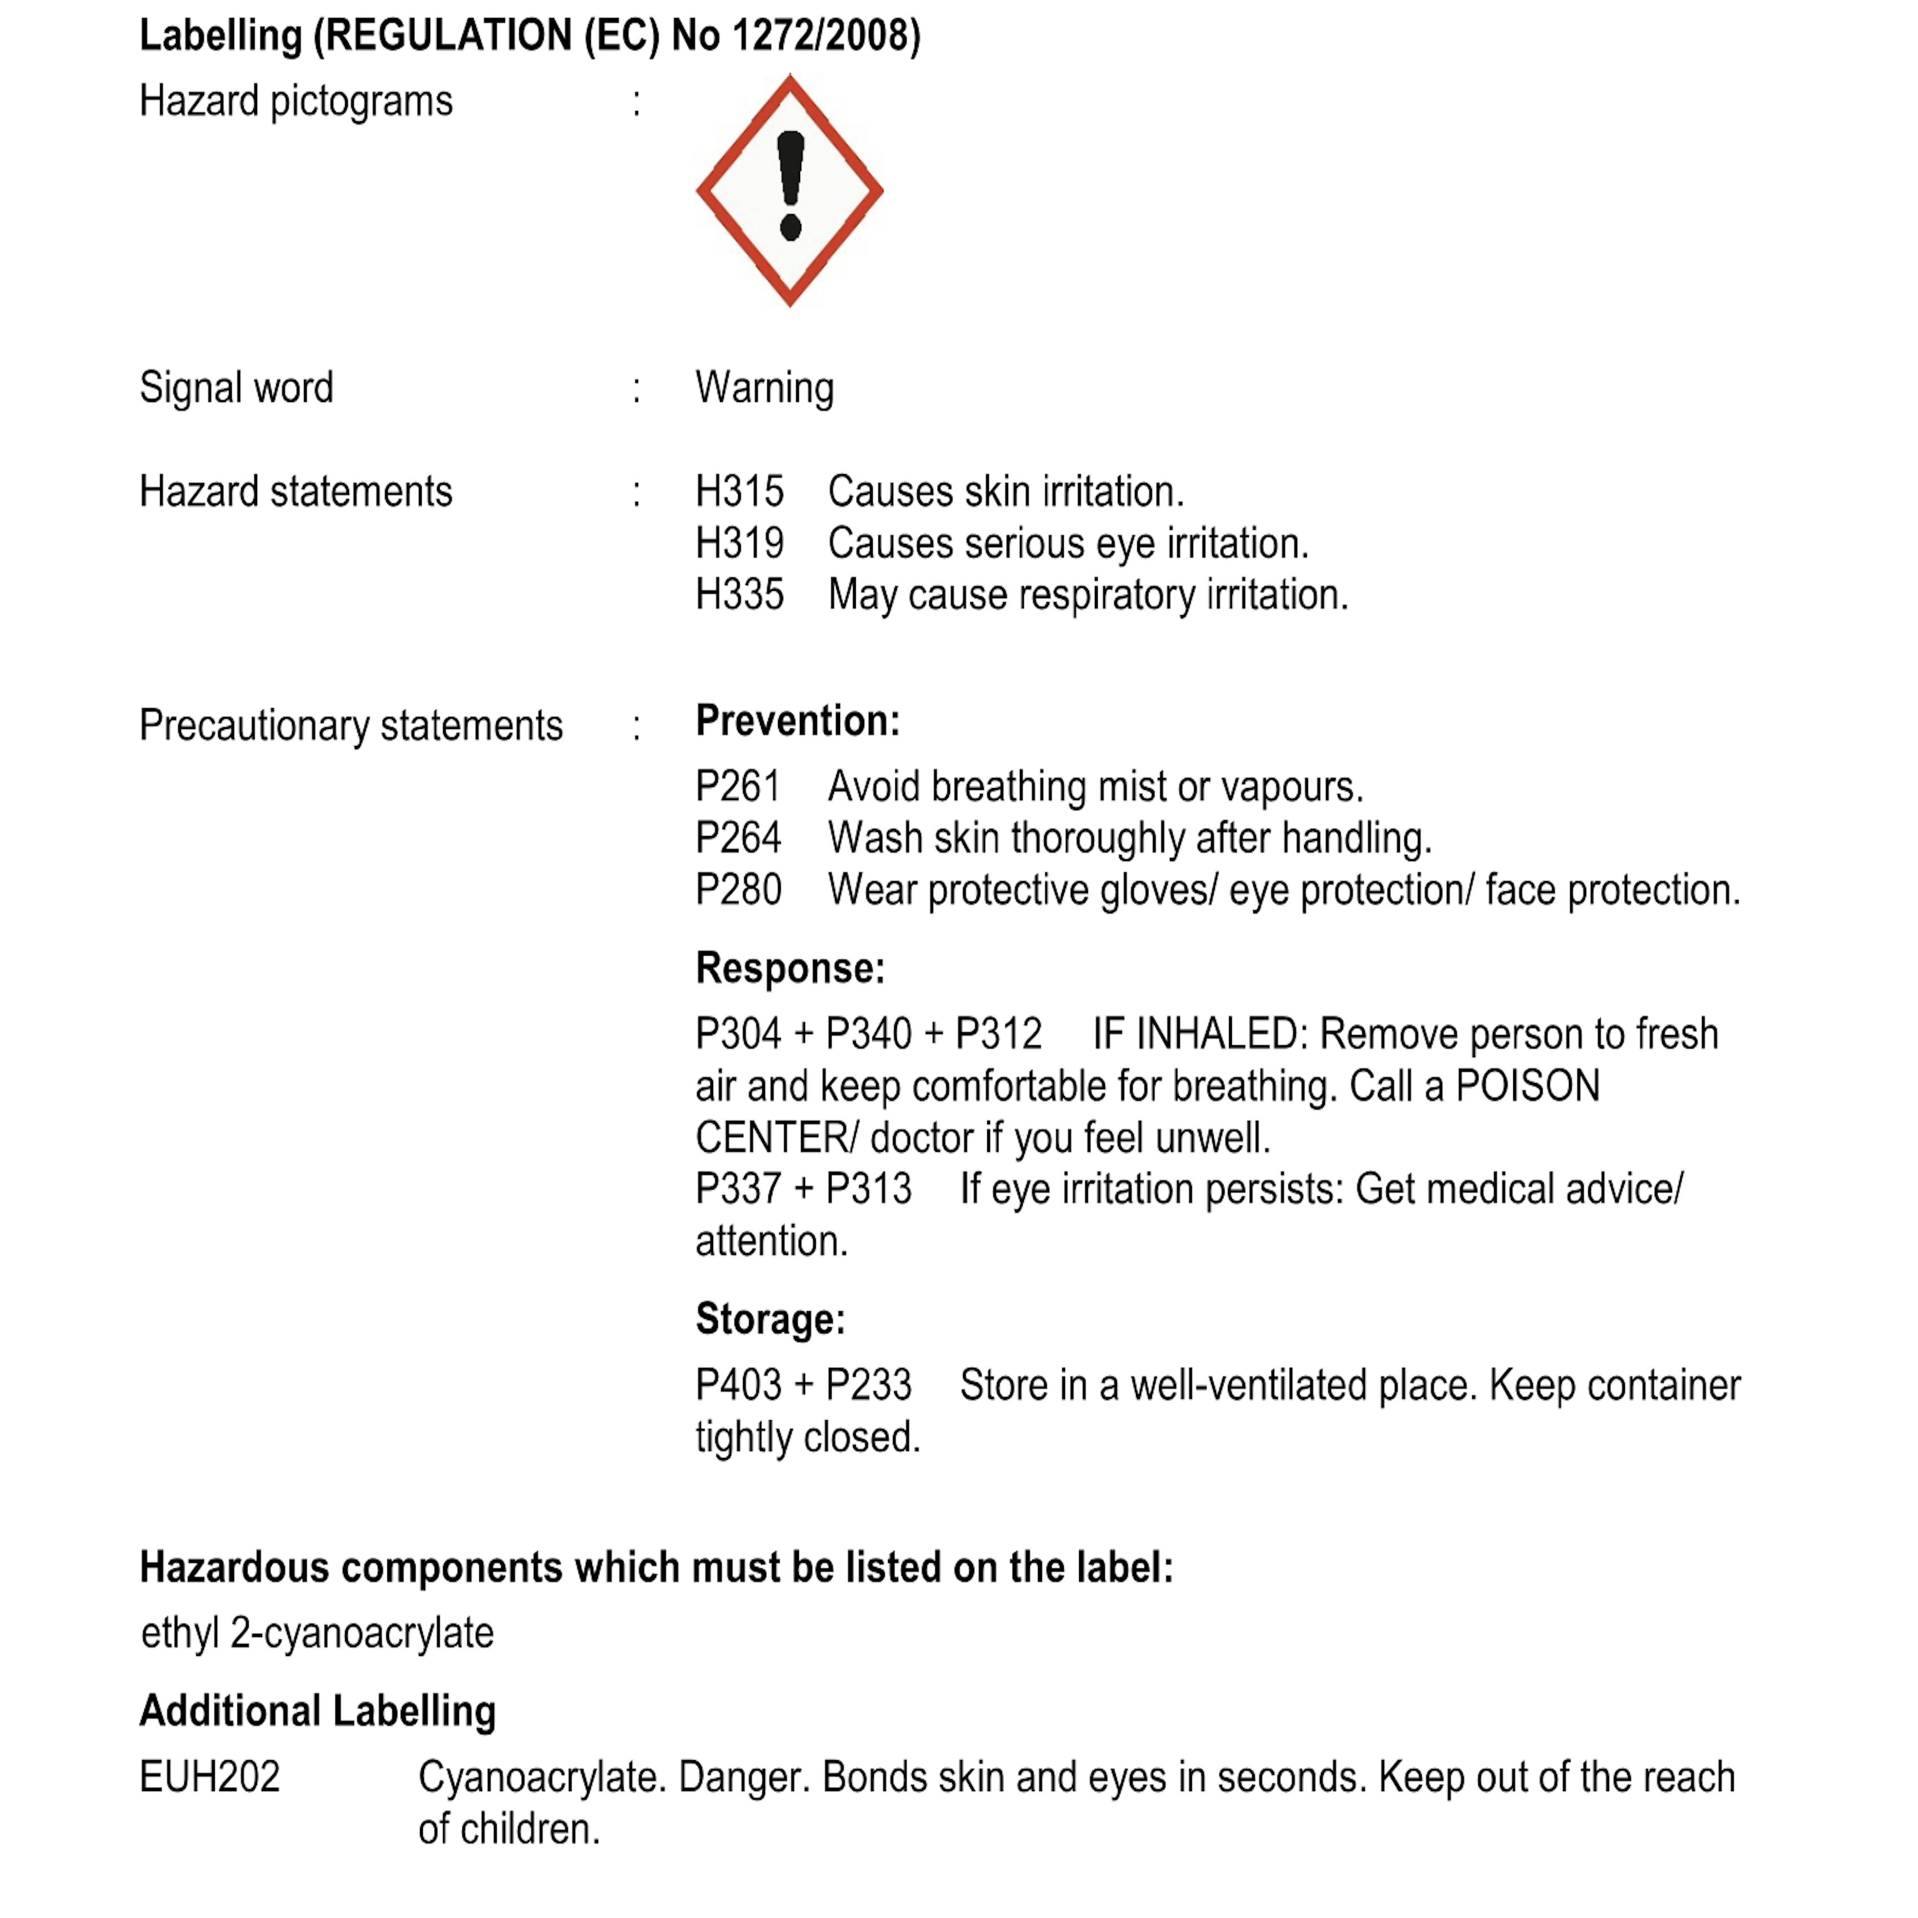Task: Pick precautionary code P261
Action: click(x=737, y=786)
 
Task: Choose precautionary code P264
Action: click(x=737, y=838)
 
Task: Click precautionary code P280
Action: click(x=737, y=890)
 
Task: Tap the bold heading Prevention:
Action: click(x=797, y=721)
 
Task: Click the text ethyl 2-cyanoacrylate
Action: click(x=317, y=1633)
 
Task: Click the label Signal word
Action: click(x=236, y=387)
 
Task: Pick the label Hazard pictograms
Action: click(x=296, y=101)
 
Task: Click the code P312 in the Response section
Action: click(x=998, y=1033)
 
